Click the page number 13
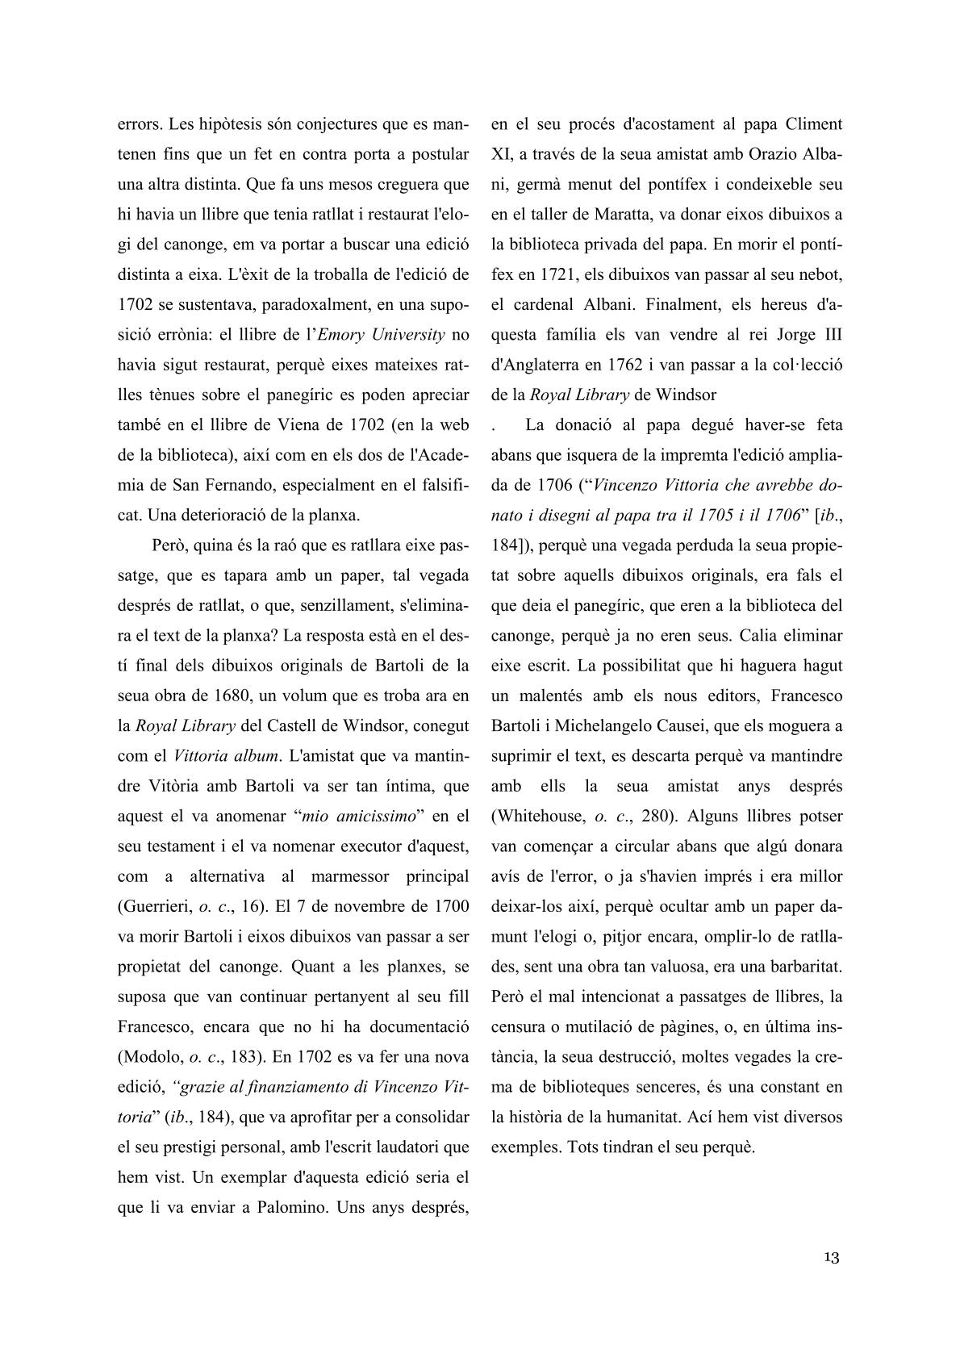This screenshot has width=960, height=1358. coord(832,1257)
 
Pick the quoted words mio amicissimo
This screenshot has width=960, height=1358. coord(357,817)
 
